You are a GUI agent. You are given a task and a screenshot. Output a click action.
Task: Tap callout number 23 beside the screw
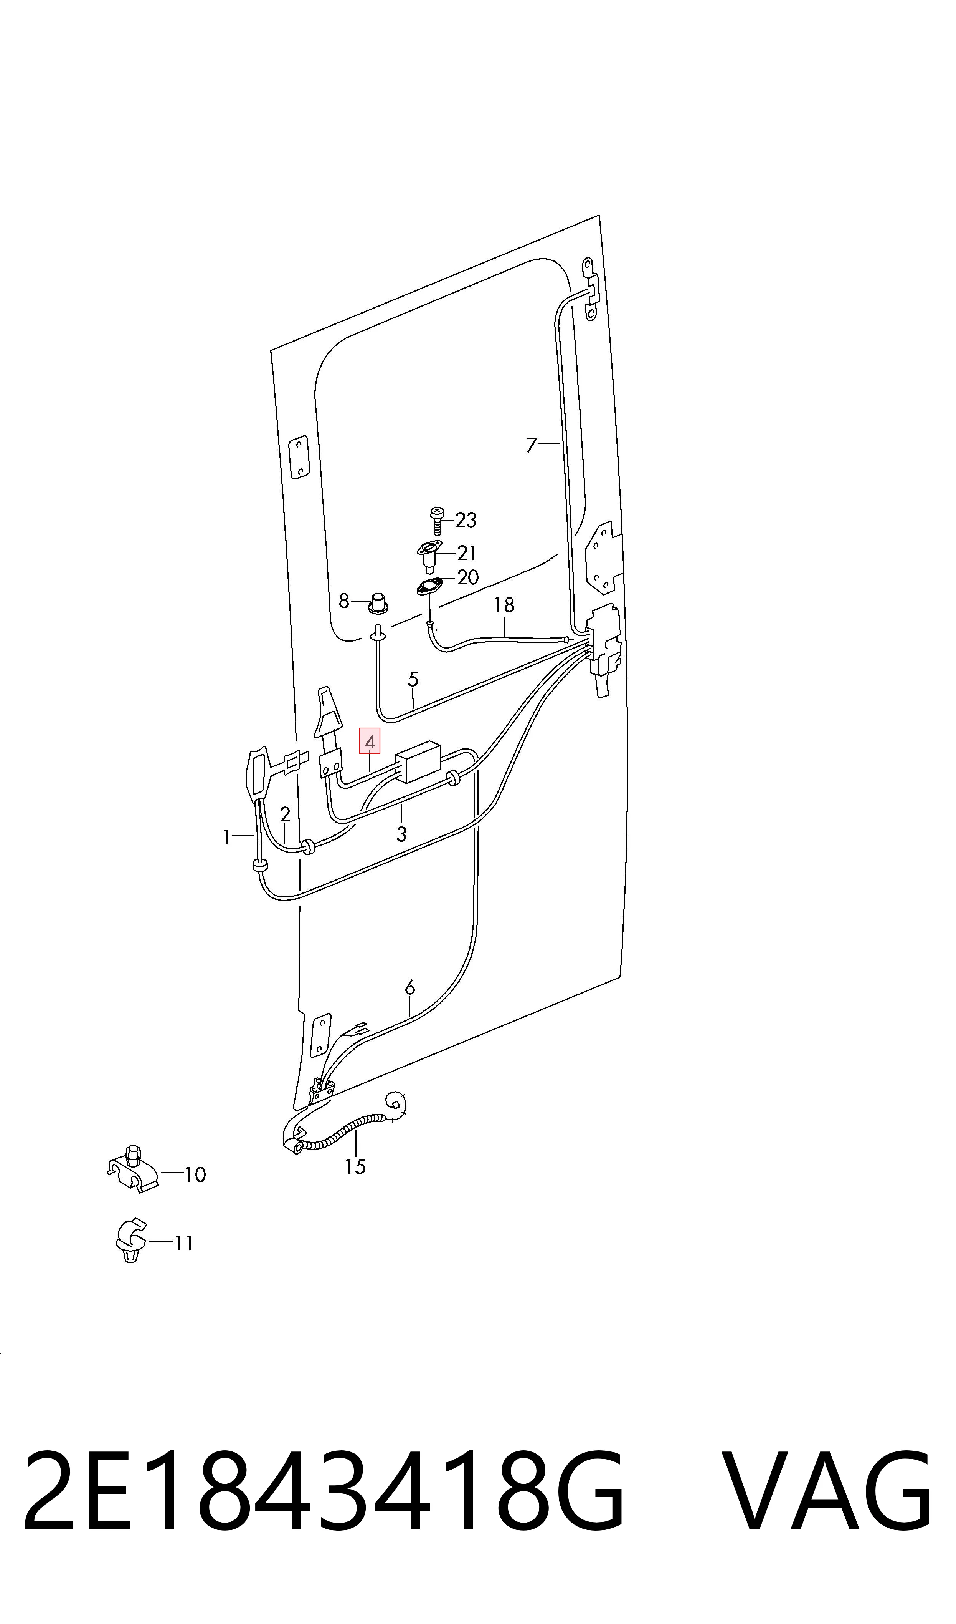(466, 520)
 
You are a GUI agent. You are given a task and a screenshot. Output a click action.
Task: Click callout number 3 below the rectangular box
(401, 834)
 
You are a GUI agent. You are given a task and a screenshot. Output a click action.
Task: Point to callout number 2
(285, 814)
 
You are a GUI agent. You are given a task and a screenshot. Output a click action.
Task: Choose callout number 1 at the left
(226, 838)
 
